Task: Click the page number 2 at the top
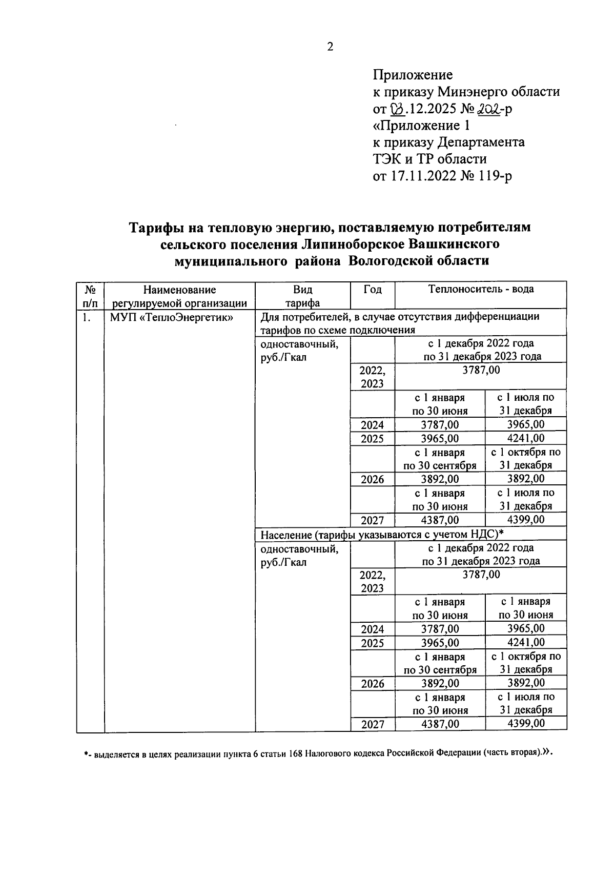[x=330, y=47]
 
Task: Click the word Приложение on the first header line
[x=413, y=75]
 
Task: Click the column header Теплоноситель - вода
[x=481, y=289]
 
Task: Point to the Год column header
[x=373, y=290]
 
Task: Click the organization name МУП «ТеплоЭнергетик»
[x=172, y=317]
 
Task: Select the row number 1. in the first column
[x=87, y=317]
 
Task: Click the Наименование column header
[x=179, y=290]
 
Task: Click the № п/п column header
[x=90, y=296]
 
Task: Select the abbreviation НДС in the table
[x=479, y=535]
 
